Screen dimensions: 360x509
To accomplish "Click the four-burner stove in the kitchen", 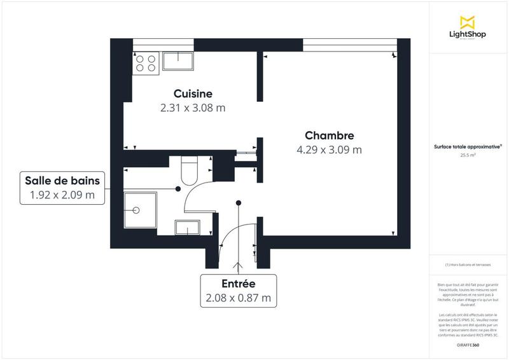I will (x=145, y=63).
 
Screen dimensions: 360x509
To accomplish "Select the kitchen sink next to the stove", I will (x=179, y=61).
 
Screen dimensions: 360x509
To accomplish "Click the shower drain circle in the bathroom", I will (x=135, y=211).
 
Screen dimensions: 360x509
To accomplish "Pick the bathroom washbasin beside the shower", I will (x=189, y=227).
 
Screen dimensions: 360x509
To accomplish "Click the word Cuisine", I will (x=193, y=93).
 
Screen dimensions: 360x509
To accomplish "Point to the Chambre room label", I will (x=329, y=135).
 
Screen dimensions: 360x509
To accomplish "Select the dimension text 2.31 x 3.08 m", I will (x=193, y=108).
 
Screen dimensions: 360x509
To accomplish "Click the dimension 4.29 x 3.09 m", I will (x=329, y=150).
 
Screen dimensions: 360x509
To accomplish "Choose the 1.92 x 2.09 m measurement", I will (x=62, y=195).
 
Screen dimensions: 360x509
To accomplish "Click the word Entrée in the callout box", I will (x=239, y=283).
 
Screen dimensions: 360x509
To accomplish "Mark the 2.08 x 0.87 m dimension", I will (x=239, y=298).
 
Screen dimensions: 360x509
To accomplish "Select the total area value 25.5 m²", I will (x=468, y=154).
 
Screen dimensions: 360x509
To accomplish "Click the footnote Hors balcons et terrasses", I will (x=468, y=265).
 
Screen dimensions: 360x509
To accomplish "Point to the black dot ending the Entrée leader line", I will (x=239, y=203).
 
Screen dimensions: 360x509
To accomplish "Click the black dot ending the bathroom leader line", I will (x=178, y=189).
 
